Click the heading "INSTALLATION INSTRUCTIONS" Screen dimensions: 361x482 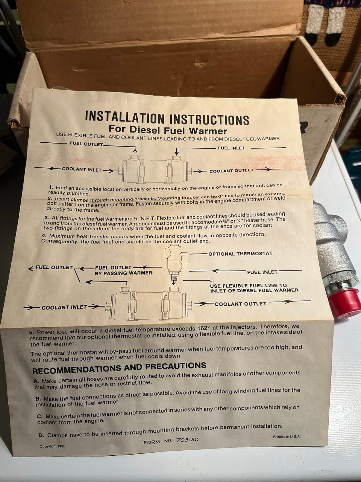[x=167, y=118]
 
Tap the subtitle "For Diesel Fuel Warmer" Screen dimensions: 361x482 [x=168, y=130]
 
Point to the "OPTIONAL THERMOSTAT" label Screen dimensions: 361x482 [x=240, y=254]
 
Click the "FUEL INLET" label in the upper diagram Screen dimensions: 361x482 [x=231, y=148]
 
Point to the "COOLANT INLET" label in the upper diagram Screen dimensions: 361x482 [x=82, y=169]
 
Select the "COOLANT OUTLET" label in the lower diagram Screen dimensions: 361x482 [x=240, y=304]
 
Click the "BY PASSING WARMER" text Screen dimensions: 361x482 [x=123, y=273]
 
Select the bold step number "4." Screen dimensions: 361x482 [x=45, y=236]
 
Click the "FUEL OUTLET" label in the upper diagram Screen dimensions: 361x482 [x=86, y=144]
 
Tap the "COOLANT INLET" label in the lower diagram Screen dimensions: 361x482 [x=64, y=307]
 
